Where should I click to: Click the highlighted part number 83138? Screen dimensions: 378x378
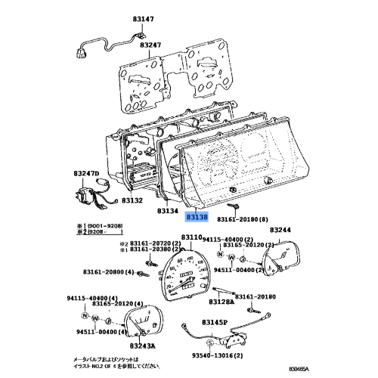[x=197, y=217]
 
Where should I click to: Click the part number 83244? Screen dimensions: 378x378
[x=279, y=230]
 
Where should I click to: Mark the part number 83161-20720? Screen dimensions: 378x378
[x=140, y=244]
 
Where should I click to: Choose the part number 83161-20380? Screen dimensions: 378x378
[x=140, y=253]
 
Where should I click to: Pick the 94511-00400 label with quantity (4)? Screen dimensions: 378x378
[x=100, y=331]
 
